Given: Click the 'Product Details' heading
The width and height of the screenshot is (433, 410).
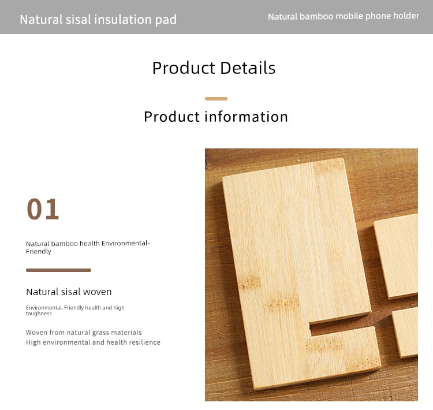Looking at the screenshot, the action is (214, 68).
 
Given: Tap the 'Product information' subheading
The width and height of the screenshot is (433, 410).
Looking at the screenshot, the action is (216, 116).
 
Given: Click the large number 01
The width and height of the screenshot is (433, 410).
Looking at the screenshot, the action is (43, 209).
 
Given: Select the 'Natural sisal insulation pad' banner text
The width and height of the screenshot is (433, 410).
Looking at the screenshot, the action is (98, 20).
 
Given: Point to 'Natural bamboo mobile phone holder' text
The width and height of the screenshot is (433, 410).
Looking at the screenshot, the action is (344, 16).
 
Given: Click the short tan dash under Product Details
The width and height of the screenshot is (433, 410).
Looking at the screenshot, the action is (216, 99).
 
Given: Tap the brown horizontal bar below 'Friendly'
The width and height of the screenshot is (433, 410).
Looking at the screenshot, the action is (58, 270).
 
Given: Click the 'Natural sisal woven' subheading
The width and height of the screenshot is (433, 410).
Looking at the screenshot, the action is (69, 292).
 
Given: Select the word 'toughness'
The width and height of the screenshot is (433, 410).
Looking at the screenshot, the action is (39, 314).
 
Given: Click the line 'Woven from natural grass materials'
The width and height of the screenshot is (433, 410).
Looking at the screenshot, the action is (84, 333).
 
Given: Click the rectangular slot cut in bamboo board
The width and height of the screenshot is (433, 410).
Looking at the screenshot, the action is (342, 327).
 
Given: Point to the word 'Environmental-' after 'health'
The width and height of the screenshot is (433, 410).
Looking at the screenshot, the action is (126, 244).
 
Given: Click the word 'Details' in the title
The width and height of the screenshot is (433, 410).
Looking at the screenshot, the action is (248, 68).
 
